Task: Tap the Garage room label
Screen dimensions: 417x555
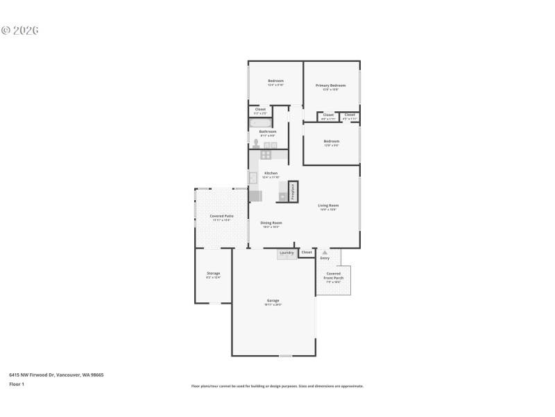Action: click(273, 301)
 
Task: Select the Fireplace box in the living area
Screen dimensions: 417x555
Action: click(293, 192)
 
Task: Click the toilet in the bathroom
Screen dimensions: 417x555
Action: click(256, 144)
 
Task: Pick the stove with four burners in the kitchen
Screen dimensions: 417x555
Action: click(266, 155)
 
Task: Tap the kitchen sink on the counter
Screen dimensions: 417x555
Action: click(253, 177)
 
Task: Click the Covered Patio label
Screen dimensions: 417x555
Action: click(221, 217)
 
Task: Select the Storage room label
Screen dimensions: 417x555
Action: click(213, 274)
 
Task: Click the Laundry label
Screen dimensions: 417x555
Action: click(287, 252)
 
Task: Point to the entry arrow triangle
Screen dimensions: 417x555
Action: click(325, 252)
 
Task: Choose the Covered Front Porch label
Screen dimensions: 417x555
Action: click(333, 275)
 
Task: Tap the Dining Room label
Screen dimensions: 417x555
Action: click(271, 223)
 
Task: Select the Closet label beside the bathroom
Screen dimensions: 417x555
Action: click(260, 109)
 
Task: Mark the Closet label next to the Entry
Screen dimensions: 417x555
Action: click(307, 252)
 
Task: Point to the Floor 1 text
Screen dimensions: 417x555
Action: click(17, 384)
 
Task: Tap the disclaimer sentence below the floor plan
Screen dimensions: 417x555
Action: click(277, 386)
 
